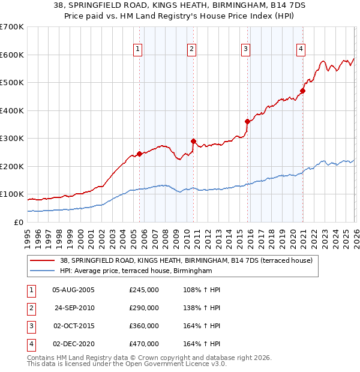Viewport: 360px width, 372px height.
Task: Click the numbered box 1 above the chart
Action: (x=138, y=49)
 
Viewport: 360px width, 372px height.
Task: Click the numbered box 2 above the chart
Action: (x=191, y=49)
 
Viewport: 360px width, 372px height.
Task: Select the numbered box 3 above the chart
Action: (x=246, y=49)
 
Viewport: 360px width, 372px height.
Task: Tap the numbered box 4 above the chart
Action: (x=301, y=49)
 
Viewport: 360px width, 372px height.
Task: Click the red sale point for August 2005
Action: (x=139, y=154)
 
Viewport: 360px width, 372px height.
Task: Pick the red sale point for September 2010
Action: (x=193, y=142)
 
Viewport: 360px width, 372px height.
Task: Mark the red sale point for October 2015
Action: (x=247, y=121)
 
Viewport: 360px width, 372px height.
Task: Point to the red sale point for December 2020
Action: (x=302, y=91)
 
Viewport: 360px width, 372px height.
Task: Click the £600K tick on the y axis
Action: (x=12, y=55)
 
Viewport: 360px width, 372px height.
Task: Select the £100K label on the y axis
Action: (x=12, y=194)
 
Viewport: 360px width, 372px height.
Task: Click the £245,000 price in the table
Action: (x=144, y=290)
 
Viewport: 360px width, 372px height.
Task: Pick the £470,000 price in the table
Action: (x=144, y=344)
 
